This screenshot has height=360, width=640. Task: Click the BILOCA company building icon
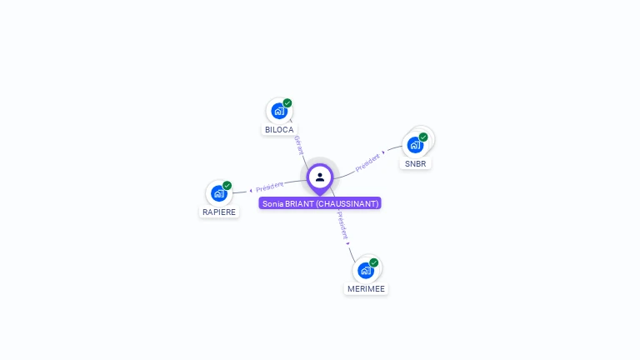tap(279, 111)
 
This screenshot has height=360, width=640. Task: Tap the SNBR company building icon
tap(415, 145)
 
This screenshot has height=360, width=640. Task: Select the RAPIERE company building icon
tap(219, 193)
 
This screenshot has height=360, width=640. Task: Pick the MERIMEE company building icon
tap(366, 270)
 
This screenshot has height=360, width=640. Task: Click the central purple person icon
tap(320, 177)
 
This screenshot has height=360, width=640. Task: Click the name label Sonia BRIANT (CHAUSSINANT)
tap(320, 203)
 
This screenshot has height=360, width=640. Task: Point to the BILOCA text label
tap(279, 130)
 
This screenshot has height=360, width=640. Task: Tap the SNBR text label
tap(415, 164)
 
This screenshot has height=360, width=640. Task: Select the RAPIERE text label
tap(219, 212)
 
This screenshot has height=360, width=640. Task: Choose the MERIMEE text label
tap(367, 289)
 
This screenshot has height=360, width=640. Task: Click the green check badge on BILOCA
tap(287, 103)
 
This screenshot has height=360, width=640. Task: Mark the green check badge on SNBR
tap(423, 137)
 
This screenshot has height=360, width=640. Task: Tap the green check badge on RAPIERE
tap(227, 186)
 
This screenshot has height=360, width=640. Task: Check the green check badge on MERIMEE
tap(374, 262)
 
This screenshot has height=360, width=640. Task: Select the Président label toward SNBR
tap(367, 162)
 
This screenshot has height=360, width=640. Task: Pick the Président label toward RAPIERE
tap(269, 187)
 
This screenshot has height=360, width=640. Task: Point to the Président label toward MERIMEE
tap(342, 225)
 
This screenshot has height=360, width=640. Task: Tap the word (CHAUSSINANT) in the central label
tap(347, 203)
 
